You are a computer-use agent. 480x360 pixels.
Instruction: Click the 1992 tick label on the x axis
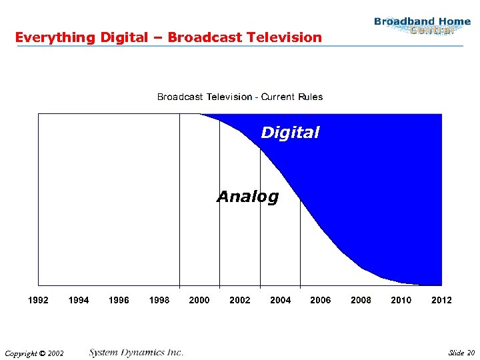pyautogui.click(x=38, y=300)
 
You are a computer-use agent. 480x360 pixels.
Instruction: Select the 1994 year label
pyautogui.click(x=79, y=300)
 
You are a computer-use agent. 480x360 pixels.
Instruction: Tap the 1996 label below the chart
pyautogui.click(x=119, y=300)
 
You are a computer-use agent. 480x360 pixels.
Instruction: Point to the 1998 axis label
pyautogui.click(x=159, y=300)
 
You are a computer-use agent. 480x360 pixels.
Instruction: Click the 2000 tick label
pyautogui.click(x=199, y=300)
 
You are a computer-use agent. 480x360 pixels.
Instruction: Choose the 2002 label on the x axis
pyautogui.click(x=240, y=300)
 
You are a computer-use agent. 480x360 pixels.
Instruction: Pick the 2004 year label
pyautogui.click(x=280, y=300)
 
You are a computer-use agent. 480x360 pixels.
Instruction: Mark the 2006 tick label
pyautogui.click(x=321, y=300)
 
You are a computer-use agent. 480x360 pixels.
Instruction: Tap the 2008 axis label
pyautogui.click(x=361, y=300)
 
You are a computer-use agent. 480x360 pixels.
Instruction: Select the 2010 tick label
pyautogui.click(x=401, y=300)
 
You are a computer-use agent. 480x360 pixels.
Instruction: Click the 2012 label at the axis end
pyautogui.click(x=441, y=300)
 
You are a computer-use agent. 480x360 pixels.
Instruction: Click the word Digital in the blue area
pyautogui.click(x=290, y=133)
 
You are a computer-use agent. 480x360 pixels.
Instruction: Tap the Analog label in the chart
pyautogui.click(x=248, y=197)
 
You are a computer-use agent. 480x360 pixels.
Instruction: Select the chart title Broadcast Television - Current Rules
pyautogui.click(x=240, y=97)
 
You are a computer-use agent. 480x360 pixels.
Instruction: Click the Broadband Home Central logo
pyautogui.click(x=422, y=26)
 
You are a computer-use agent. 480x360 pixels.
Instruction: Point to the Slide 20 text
pyautogui.click(x=461, y=353)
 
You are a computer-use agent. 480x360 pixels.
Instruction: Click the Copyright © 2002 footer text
pyautogui.click(x=34, y=353)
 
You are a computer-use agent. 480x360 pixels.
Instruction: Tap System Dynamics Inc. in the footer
pyautogui.click(x=136, y=352)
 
